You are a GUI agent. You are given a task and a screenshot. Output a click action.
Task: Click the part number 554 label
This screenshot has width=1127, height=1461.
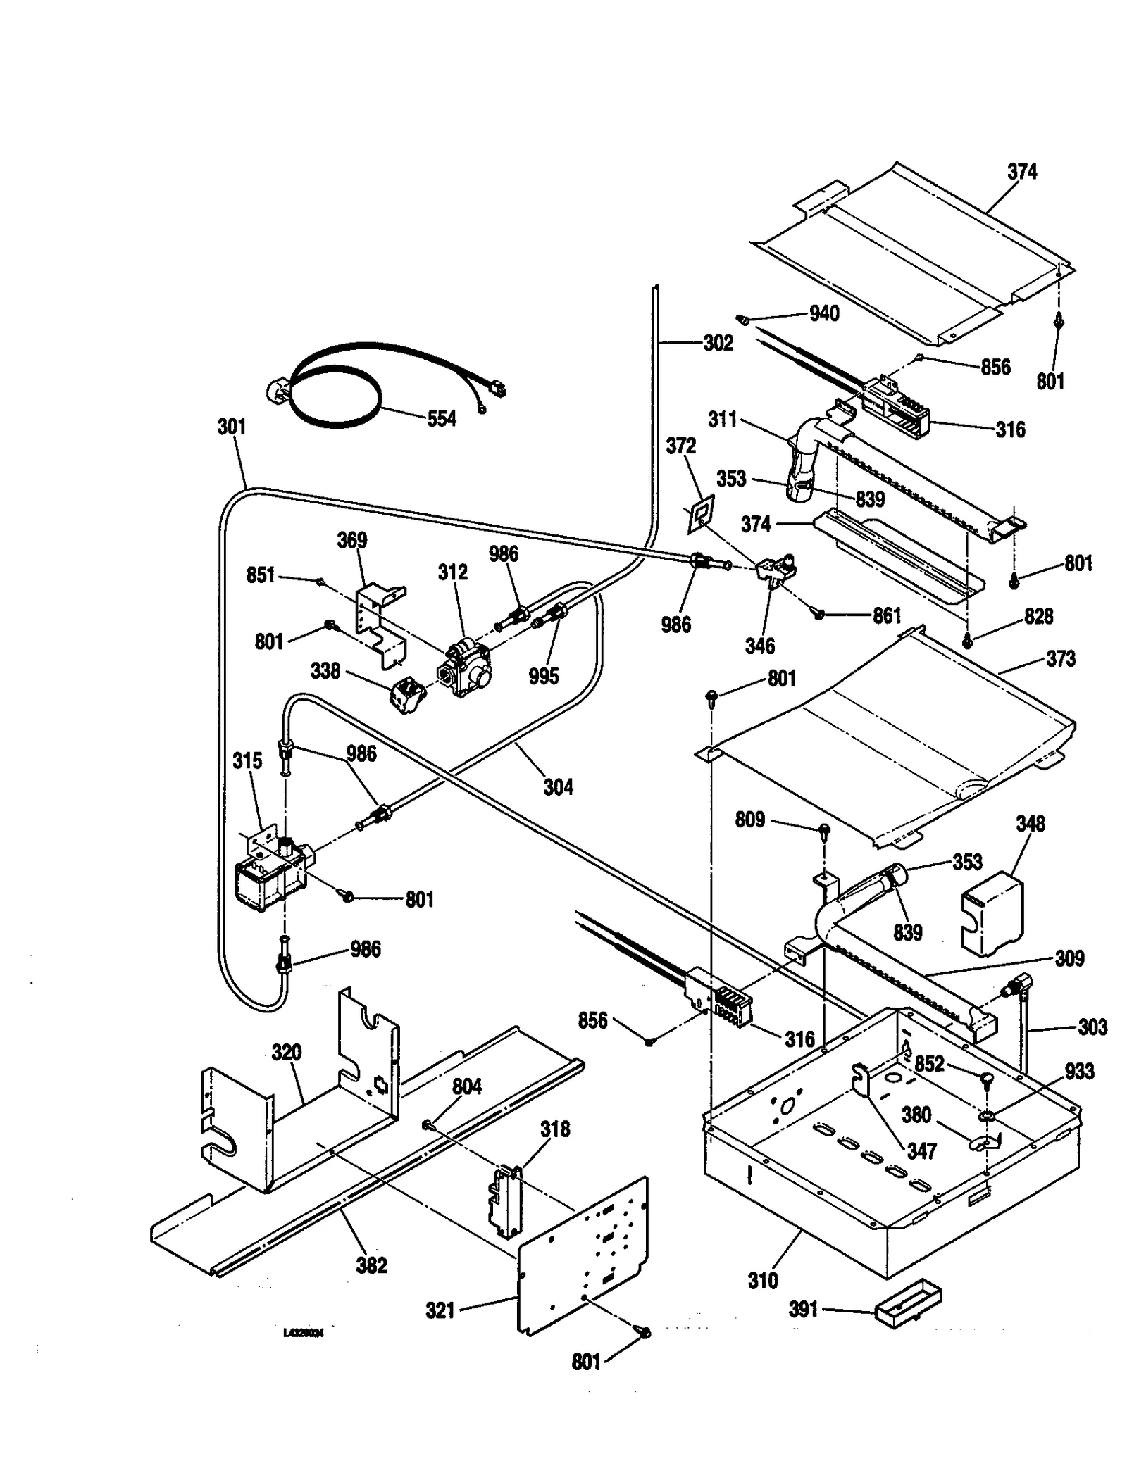[x=442, y=419]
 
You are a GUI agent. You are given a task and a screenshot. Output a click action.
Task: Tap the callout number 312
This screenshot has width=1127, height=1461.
[x=452, y=572]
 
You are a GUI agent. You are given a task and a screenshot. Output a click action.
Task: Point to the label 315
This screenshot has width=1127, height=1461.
[x=247, y=760]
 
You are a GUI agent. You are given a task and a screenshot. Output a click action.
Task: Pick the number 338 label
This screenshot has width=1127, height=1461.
[x=325, y=671]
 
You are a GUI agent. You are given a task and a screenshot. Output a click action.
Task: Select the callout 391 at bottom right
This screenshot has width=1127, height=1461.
[x=803, y=1310]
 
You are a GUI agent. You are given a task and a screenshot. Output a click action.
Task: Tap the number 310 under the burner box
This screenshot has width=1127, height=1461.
[x=762, y=1280]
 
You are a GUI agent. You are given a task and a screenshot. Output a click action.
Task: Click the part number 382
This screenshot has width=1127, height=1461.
[x=371, y=1265]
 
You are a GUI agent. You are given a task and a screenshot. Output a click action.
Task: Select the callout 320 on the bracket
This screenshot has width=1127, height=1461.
[x=287, y=1052]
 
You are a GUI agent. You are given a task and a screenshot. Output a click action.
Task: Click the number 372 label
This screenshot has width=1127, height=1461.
[x=681, y=446]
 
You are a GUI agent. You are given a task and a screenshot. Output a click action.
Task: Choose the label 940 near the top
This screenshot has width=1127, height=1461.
[x=824, y=313]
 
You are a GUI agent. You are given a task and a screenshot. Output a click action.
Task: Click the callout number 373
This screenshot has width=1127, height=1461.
[x=1061, y=659]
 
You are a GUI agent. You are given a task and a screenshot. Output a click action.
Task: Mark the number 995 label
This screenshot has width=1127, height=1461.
[x=544, y=676]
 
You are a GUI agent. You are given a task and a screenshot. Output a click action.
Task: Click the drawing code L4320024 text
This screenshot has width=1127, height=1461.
[x=303, y=1333]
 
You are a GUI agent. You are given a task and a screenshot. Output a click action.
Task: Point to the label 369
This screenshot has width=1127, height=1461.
[x=351, y=540]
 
